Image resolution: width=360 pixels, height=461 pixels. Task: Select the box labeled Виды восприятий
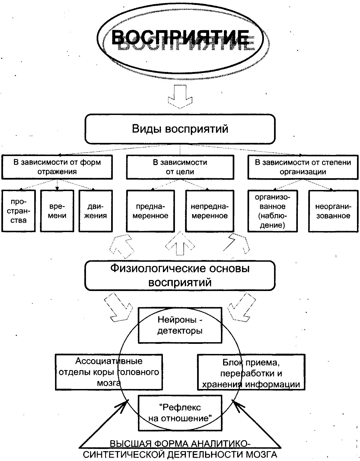[180, 129]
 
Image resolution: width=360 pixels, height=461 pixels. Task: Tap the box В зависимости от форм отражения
[57, 167]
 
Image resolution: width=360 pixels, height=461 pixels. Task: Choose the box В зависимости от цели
[180, 167]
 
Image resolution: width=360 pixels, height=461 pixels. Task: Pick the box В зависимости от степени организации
[303, 167]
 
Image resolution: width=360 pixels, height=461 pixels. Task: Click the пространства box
[19, 211]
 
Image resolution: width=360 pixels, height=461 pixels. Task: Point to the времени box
[57, 211]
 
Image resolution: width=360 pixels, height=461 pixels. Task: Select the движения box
[96, 211]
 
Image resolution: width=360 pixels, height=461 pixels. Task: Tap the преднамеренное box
[150, 211]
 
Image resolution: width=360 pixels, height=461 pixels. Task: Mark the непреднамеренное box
[210, 211]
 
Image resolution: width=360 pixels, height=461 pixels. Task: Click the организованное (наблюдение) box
[272, 211]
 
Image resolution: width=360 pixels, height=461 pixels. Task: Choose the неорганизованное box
[333, 211]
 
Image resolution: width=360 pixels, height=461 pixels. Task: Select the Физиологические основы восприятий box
[180, 275]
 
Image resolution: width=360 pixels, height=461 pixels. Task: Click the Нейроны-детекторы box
[180, 325]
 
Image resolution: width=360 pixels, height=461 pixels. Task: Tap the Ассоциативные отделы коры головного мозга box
[109, 372]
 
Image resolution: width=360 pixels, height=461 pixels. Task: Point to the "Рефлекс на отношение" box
[180, 413]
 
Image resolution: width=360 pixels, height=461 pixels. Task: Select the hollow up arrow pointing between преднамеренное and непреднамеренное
[180, 244]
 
